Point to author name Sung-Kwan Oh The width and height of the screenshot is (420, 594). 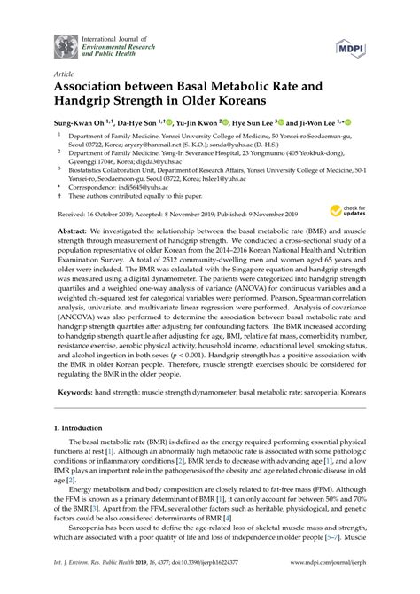point(81,123)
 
